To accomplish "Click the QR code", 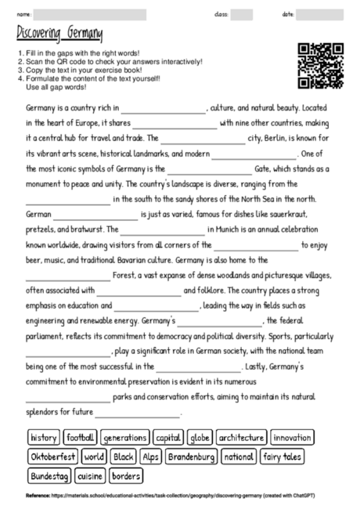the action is point(321,65).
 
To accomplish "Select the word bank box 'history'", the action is point(44,437).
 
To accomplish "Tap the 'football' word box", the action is point(81,437).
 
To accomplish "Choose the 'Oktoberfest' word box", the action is point(52,456).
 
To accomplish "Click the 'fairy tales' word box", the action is point(283,456).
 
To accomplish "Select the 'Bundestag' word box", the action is point(49,475).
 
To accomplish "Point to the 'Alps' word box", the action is point(150,456).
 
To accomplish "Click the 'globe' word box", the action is point(200,437).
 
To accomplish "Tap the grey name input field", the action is point(90,14).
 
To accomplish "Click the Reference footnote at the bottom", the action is point(180,496).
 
